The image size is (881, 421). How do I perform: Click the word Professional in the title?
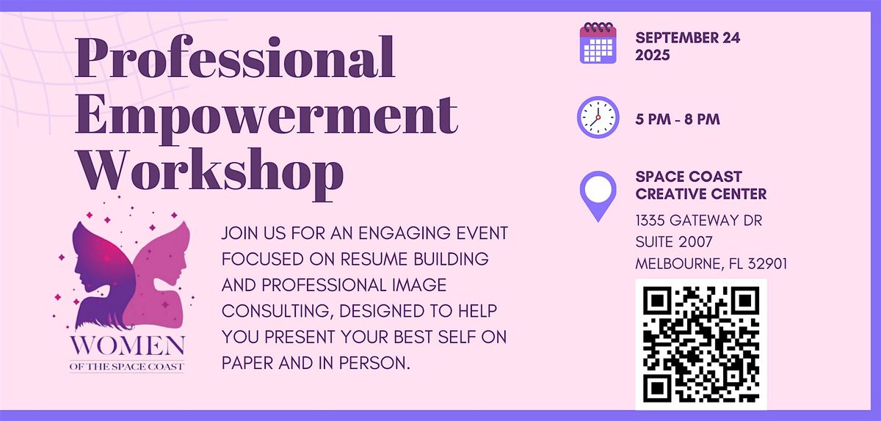tap(235, 57)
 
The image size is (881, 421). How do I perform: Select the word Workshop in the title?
tap(211, 174)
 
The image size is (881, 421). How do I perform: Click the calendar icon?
tap(598, 43)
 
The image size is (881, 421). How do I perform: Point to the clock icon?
tap(598, 117)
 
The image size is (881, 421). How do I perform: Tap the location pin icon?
tap(598, 196)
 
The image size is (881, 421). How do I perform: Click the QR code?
tap(701, 344)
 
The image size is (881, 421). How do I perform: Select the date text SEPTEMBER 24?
tap(688, 37)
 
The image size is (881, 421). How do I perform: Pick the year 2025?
tap(653, 55)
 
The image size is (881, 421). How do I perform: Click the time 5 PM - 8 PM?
tap(678, 119)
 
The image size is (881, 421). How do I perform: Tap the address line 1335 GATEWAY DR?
tap(699, 221)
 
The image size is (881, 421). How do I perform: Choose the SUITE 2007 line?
tap(674, 242)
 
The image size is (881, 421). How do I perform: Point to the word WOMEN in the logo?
tap(128, 345)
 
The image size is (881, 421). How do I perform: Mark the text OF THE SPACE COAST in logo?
tap(126, 367)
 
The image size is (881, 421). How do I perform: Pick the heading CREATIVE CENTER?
tap(701, 194)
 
